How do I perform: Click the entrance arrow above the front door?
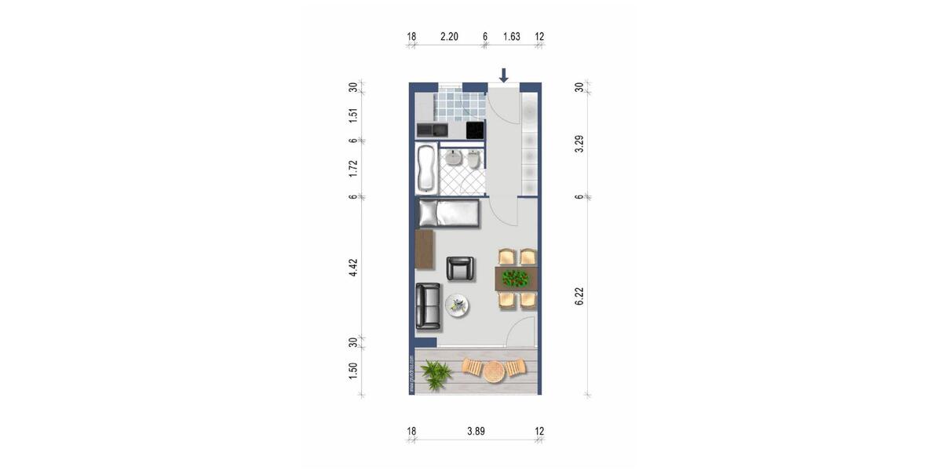coord(504,75)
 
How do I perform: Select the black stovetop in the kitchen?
coord(474,130)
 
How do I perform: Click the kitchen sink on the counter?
coord(431,129)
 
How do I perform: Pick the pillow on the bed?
coord(429,213)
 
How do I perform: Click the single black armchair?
coord(461,268)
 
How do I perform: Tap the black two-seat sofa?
coord(428,305)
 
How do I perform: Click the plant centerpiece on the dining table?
coord(515,278)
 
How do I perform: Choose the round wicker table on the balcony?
coord(493,370)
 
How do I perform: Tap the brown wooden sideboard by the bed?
coord(425,250)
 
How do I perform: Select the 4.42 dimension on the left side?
coord(354,267)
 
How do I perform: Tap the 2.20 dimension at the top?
coord(449,36)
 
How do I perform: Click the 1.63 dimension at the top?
coord(512,36)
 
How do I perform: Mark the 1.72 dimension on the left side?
coord(354,168)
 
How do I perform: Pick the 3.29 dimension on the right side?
coord(579,144)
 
